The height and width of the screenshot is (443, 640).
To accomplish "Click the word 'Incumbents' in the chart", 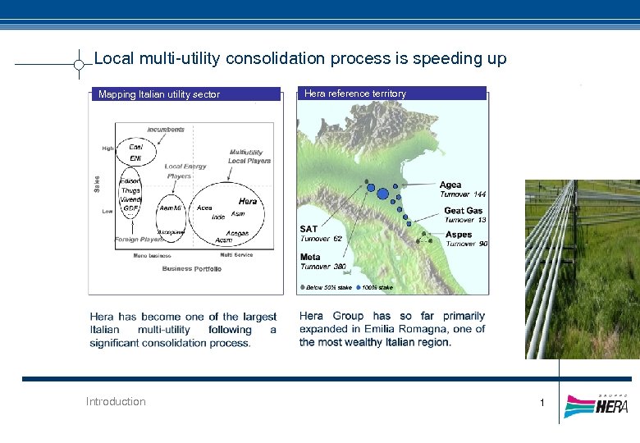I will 166,129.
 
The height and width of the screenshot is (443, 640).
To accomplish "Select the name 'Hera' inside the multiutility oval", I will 247,201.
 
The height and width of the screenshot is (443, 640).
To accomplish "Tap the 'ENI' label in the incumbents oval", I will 135,158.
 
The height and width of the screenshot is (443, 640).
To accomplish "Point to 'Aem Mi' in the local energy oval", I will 171,208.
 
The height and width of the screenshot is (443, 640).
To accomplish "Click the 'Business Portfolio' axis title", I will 191,269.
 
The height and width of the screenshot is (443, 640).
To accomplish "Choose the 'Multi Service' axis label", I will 236,255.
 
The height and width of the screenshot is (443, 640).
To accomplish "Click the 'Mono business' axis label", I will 152,255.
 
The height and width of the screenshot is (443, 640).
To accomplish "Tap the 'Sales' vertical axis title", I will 98,182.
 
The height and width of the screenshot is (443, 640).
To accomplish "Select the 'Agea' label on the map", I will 450,185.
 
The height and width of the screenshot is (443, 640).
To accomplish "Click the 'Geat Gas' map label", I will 464,211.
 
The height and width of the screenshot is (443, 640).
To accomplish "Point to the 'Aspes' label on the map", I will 459,235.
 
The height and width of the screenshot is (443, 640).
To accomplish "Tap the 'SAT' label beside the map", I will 309,230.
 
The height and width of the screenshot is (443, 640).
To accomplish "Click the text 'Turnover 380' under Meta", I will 322,267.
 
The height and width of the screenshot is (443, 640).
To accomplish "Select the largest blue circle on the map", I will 382,194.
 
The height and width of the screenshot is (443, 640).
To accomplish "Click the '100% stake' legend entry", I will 377,288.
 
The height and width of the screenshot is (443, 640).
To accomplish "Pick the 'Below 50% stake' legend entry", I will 328,288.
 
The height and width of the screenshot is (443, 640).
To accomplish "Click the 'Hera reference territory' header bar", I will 391,94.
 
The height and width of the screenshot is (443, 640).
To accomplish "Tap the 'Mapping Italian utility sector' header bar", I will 185,94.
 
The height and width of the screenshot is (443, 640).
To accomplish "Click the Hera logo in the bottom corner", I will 597,405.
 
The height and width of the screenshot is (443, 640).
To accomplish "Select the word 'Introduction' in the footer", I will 116,401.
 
